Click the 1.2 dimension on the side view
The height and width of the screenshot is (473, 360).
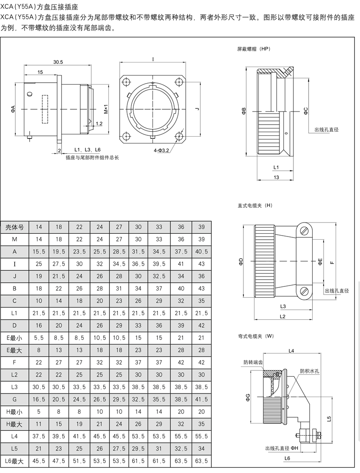99,123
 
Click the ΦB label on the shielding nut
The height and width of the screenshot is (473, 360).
243,111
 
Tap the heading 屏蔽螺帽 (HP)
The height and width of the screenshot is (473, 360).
254,49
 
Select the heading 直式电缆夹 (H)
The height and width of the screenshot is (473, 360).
255,205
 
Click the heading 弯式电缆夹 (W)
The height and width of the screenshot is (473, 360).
256,336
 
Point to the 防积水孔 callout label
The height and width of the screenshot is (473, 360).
309,371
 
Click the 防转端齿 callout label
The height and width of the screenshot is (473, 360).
253,362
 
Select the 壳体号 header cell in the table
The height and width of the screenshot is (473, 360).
14,227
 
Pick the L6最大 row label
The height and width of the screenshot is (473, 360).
14,460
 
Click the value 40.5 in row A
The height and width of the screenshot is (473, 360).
201,251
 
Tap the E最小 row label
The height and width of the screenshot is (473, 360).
14,337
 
